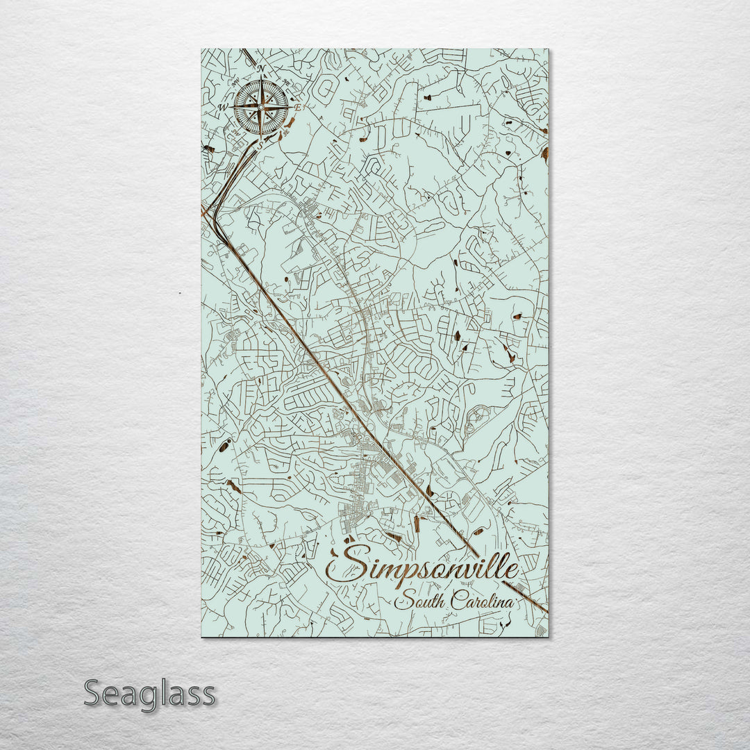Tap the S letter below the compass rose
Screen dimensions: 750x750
tap(260, 145)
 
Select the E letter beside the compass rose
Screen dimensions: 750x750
tap(298, 108)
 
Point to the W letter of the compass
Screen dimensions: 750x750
tap(223, 108)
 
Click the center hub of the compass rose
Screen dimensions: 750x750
tap(260, 107)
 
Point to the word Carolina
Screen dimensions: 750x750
tap(483, 601)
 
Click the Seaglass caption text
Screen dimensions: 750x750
tap(149, 694)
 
